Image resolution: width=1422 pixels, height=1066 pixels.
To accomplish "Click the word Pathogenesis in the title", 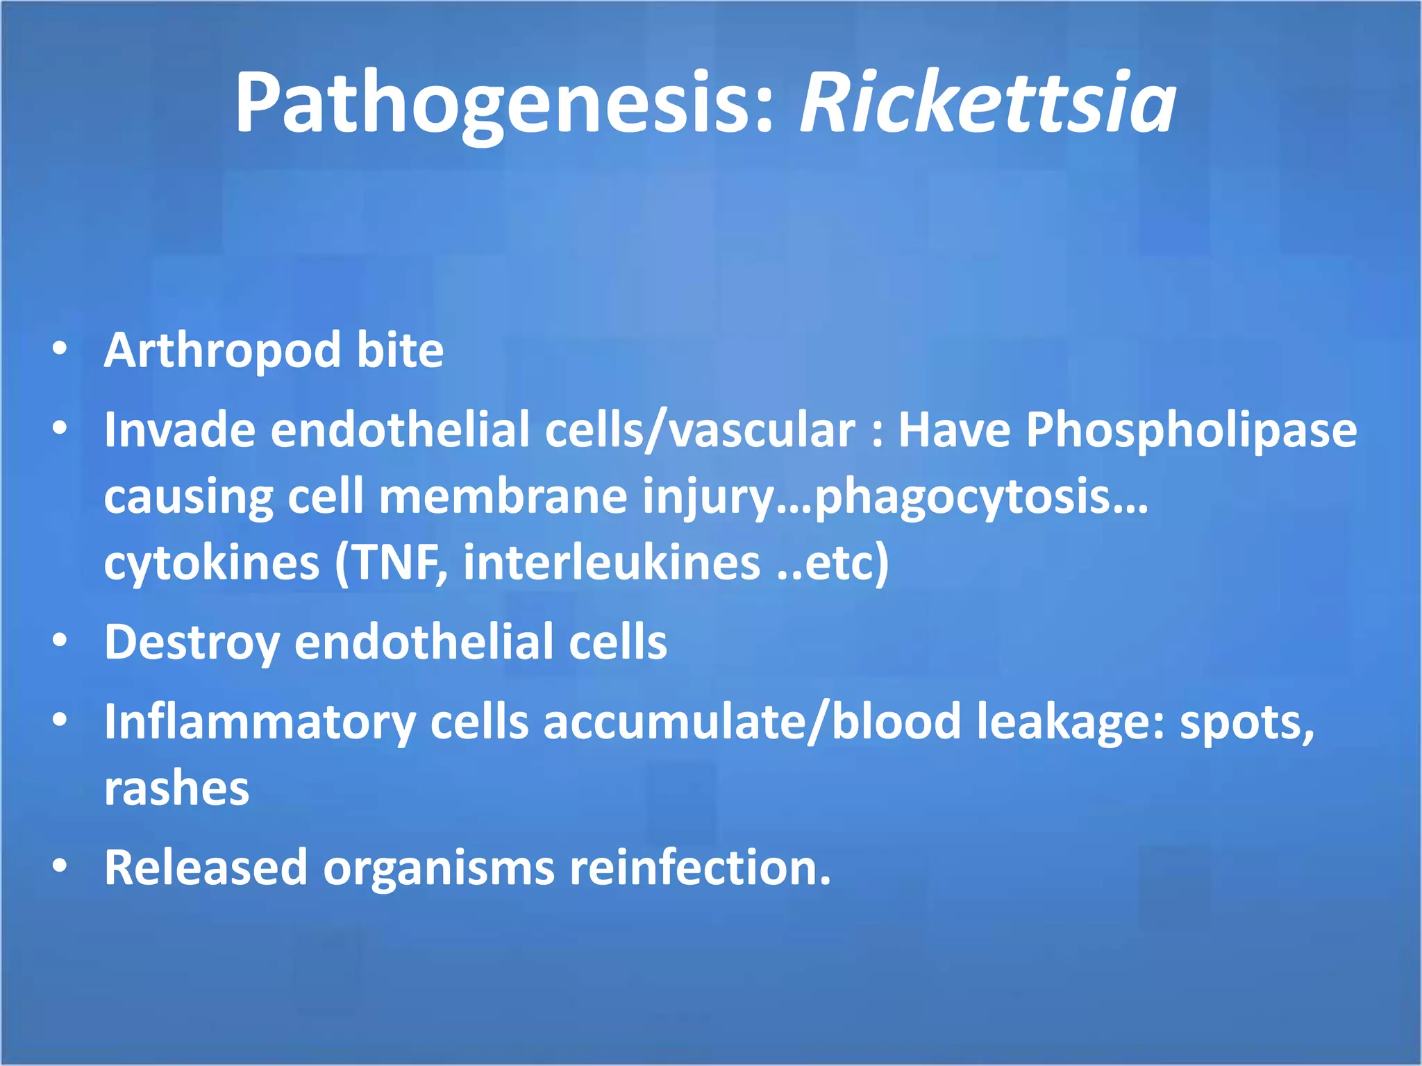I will tap(503, 104).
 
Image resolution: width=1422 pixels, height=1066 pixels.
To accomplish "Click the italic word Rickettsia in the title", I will tap(987, 104).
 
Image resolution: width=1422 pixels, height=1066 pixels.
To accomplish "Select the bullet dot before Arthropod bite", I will tap(60, 348).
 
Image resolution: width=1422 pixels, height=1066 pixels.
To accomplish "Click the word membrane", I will tap(503, 497).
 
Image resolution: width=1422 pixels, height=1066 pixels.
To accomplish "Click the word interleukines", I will tap(611, 562).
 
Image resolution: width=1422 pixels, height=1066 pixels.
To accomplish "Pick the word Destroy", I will tap(192, 643).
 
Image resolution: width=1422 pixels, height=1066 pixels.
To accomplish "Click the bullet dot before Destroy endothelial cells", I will tap(60, 641).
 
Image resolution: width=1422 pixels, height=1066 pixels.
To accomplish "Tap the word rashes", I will tap(176, 788).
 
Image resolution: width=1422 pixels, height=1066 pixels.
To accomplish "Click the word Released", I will tap(206, 868).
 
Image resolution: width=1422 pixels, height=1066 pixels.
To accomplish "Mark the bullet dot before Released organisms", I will tap(60, 866).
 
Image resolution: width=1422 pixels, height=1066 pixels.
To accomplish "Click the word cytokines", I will tap(212, 562).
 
